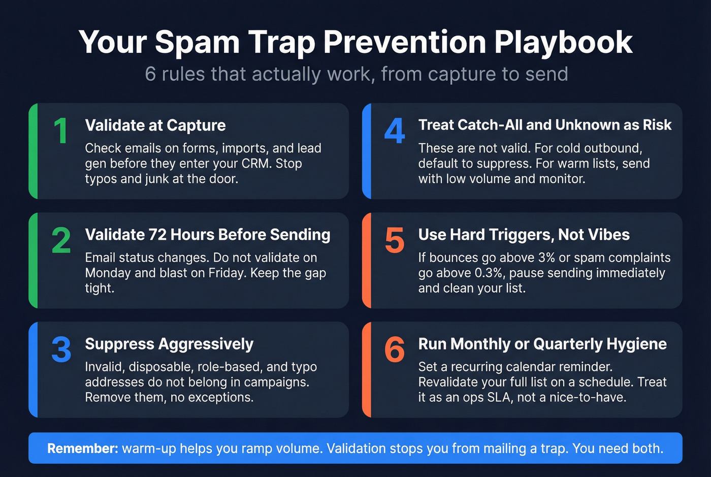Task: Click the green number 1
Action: [x=61, y=131]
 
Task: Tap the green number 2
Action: [x=61, y=240]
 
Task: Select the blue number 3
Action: [x=61, y=349]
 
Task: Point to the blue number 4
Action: [x=395, y=131]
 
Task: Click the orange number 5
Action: [x=395, y=240]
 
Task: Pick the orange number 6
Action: [x=395, y=349]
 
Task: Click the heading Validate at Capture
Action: [x=155, y=125]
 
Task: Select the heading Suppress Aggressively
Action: [x=169, y=344]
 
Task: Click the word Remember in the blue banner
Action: [x=82, y=449]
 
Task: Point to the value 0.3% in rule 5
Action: [x=489, y=273]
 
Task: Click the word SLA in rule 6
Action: [x=500, y=397]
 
